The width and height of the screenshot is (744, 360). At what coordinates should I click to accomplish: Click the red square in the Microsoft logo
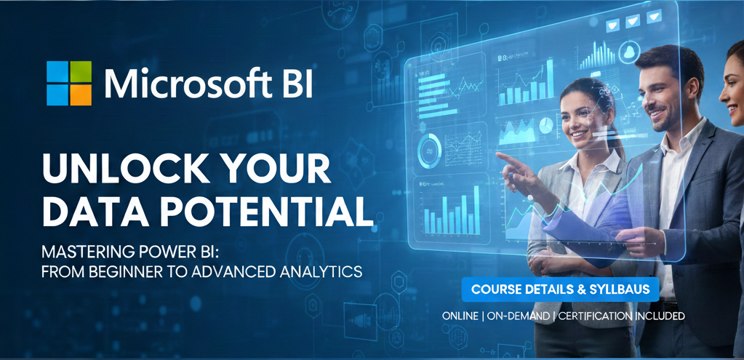pos(57,71)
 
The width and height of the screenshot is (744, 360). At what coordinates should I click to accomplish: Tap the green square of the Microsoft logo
pos(81,71)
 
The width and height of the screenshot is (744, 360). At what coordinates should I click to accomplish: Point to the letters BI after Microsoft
pos(295,84)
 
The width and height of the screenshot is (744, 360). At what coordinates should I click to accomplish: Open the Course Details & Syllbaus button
pos(560,289)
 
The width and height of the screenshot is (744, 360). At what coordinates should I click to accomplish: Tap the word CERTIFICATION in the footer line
pos(608,316)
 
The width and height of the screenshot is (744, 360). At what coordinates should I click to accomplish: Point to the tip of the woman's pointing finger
pos(498,154)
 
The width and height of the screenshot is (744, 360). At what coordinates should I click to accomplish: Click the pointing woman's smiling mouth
pos(580,134)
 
